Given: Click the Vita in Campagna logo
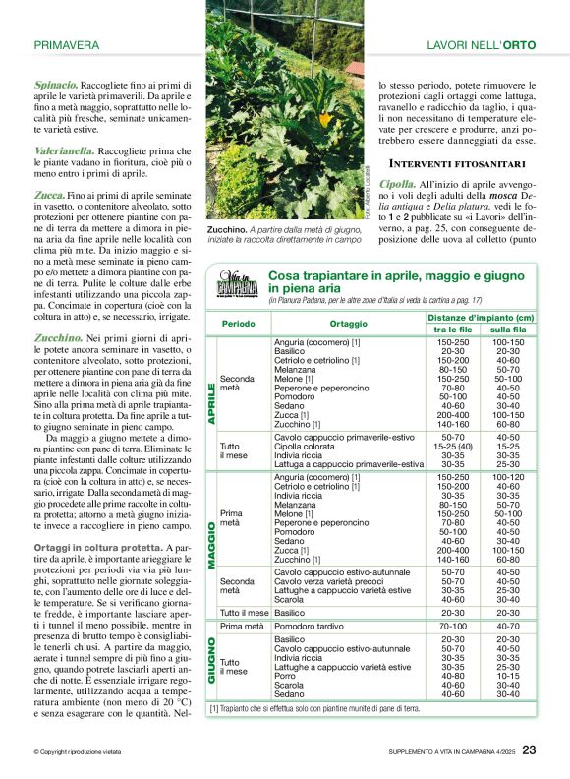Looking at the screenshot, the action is click(238, 287).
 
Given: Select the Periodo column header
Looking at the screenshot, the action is click(238, 323).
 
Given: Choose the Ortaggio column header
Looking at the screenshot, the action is click(348, 323).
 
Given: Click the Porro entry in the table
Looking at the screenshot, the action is click(285, 676).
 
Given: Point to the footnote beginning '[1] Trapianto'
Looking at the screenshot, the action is click(314, 708).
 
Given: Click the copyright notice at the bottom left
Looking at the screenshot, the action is click(84, 753).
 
